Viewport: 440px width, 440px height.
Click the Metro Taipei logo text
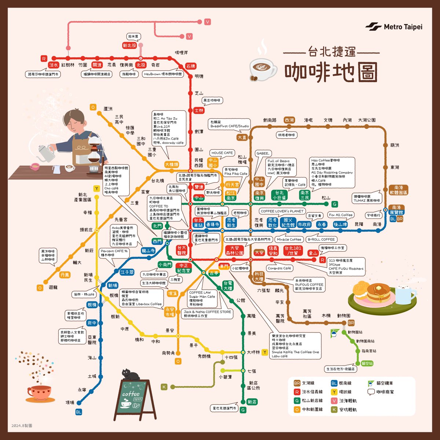click(x=403, y=27)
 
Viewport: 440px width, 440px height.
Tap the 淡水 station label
click(x=54, y=65)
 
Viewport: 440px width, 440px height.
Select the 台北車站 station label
click(x=198, y=223)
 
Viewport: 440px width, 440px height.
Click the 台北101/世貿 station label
click(x=293, y=251)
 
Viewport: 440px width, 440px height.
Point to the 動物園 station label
click(x=344, y=315)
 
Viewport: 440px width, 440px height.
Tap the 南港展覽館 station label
click(x=396, y=210)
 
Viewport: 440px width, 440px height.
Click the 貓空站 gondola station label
click(x=367, y=363)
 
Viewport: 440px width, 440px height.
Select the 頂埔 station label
click(x=70, y=403)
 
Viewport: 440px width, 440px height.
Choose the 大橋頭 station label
click(x=171, y=165)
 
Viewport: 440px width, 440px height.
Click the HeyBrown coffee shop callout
click(x=163, y=74)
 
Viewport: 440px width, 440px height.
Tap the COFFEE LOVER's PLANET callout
click(x=282, y=211)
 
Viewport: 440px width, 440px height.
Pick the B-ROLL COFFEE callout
click(x=321, y=239)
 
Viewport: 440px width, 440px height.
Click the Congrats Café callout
click(x=279, y=268)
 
